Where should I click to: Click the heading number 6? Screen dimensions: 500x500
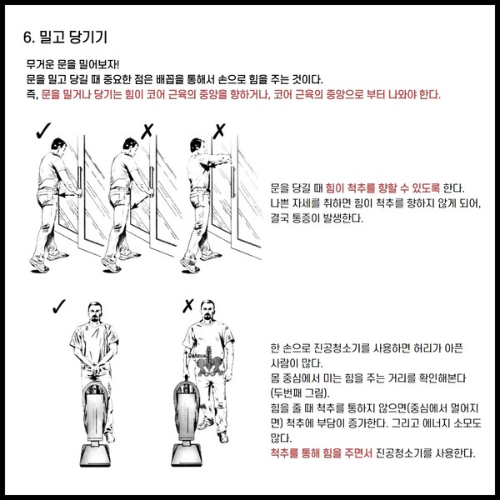(x=28, y=37)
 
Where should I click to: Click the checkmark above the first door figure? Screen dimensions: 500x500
(x=43, y=131)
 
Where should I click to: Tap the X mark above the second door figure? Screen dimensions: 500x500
(x=147, y=131)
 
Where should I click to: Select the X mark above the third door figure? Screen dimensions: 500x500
(x=219, y=131)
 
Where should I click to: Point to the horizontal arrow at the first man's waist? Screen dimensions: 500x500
(x=68, y=194)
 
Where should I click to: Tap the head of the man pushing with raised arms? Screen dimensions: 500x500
(x=197, y=145)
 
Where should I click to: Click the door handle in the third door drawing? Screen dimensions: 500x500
(x=233, y=182)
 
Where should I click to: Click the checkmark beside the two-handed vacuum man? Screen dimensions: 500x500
(x=59, y=306)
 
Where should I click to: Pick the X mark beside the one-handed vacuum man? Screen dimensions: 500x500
(x=188, y=306)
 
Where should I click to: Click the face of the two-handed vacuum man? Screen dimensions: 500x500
(x=95, y=312)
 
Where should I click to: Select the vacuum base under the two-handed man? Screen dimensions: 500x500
(x=95, y=455)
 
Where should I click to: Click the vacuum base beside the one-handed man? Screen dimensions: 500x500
(x=187, y=455)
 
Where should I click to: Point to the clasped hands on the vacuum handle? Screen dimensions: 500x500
(x=94, y=371)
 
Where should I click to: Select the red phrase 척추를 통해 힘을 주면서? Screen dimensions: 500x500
(x=321, y=452)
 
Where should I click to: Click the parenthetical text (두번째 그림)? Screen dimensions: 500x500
(x=300, y=392)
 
